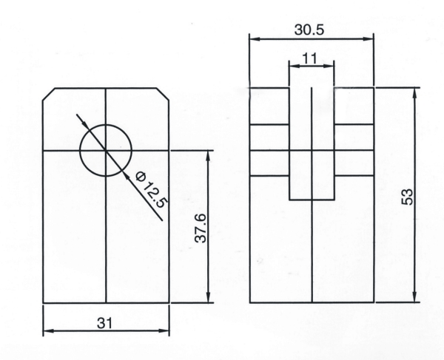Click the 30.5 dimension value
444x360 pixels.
(309, 30)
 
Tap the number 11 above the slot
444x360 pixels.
(310, 58)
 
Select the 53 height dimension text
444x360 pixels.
(408, 197)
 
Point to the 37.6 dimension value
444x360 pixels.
(201, 228)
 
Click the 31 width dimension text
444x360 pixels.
(105, 323)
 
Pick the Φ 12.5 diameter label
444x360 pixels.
(152, 190)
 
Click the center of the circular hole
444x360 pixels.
(106, 151)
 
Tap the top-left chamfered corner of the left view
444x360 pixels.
(48, 94)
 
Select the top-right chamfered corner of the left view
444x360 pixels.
(163, 94)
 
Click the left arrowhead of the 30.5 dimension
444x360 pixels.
(255, 39)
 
